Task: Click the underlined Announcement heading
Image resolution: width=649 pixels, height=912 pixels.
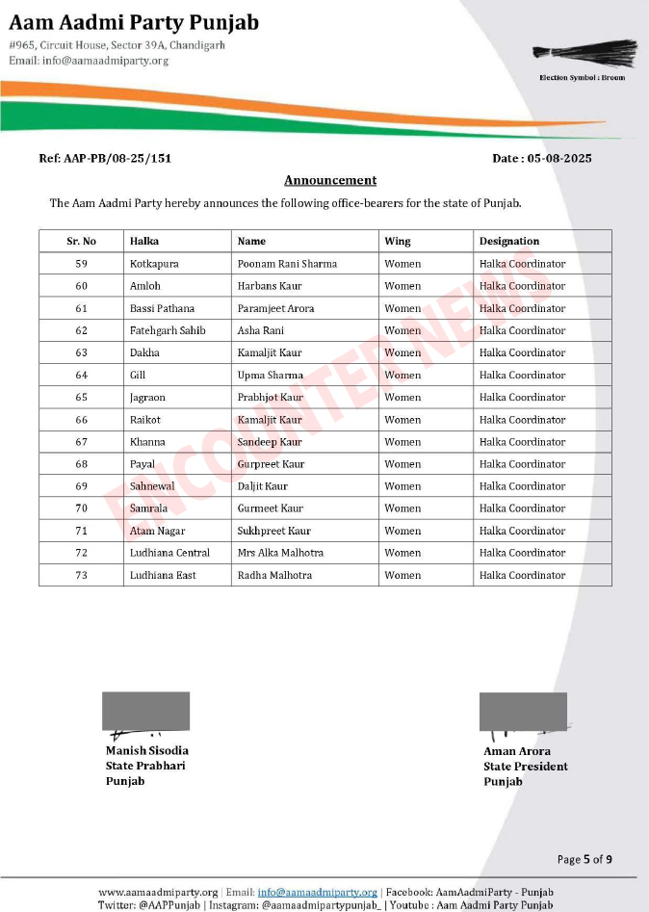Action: point(330,180)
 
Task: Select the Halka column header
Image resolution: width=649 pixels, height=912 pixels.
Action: point(144,241)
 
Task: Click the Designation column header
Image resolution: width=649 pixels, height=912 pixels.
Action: point(509,241)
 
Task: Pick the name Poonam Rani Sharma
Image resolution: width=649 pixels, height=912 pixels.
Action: point(287,264)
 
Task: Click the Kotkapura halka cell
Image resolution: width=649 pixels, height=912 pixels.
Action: point(154,264)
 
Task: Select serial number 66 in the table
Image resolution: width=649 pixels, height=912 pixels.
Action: point(81,420)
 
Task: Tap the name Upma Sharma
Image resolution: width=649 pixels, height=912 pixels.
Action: point(270,376)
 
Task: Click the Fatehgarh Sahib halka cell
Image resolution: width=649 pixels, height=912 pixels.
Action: point(168,330)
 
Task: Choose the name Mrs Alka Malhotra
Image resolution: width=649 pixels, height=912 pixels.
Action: point(280,553)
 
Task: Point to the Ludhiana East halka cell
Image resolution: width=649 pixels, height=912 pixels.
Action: point(163,575)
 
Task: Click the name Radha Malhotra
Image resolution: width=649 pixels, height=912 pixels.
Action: point(274,575)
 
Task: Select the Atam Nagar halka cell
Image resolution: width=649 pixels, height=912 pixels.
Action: point(157,531)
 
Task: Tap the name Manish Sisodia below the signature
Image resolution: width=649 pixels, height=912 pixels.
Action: point(147,750)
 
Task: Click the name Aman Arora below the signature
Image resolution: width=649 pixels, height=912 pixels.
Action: point(517,751)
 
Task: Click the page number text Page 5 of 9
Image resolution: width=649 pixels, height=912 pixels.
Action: point(584,859)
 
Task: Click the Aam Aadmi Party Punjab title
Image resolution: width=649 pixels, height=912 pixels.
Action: point(134,23)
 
